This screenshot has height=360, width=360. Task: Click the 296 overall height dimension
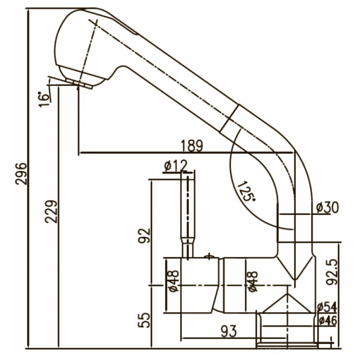[21, 174]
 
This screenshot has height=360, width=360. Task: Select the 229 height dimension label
[51, 211]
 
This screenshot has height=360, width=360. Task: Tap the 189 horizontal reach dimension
[192, 145]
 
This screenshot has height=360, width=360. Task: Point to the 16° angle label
[44, 99]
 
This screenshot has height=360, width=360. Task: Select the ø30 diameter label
[327, 207]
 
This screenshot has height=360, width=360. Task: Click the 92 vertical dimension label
[144, 235]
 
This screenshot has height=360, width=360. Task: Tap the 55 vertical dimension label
[144, 320]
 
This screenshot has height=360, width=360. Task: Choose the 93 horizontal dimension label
[229, 331]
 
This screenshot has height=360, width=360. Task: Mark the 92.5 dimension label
[332, 272]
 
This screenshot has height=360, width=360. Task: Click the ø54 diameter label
[327, 307]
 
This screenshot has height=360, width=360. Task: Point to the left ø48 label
[174, 281]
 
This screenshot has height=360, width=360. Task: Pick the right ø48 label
[252, 281]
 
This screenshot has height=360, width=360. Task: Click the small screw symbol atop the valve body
[209, 256]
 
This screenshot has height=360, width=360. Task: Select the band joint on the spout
[229, 118]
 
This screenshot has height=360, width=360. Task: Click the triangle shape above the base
[287, 303]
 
